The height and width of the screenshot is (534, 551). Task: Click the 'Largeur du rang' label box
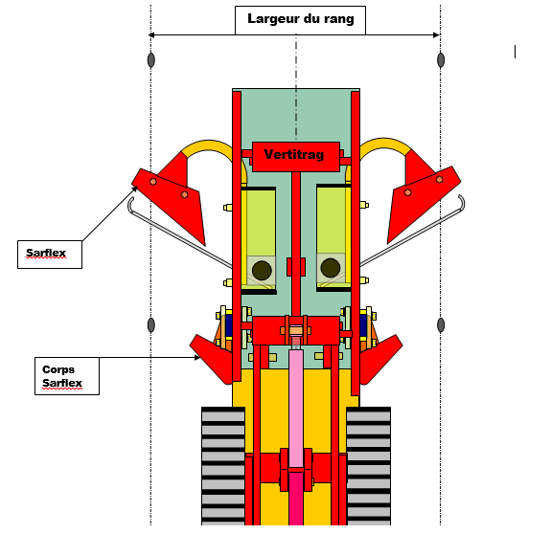pos(300,20)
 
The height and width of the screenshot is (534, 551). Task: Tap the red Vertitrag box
pos(296,157)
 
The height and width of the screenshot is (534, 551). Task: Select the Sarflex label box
pos(50,255)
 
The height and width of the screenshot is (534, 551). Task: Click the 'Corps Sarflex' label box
pos(67,376)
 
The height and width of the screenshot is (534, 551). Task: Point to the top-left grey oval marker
pos(151,60)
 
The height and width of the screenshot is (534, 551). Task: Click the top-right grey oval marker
pos(441,60)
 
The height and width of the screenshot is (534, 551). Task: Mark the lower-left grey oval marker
pos(151,325)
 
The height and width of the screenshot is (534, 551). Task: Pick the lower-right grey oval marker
pos(441,325)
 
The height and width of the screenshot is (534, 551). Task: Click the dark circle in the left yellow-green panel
pos(262,270)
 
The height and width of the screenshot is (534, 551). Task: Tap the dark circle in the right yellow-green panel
pos(331,268)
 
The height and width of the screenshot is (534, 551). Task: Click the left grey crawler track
pos(223,466)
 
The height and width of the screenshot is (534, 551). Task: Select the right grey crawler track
pos(368,466)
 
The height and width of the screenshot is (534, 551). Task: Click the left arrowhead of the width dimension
pos(151,35)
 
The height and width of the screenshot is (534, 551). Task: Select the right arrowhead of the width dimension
pos(436,35)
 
